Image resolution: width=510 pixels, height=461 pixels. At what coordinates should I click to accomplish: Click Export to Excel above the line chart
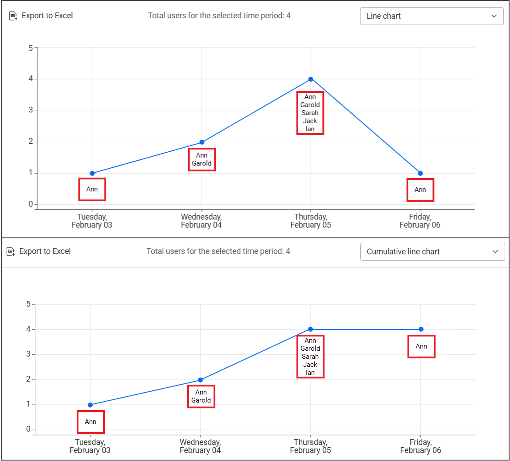tap(41, 16)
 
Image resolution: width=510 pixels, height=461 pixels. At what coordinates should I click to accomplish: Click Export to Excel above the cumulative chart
tap(39, 252)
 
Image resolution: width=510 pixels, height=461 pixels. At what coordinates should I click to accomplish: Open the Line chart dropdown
tap(432, 16)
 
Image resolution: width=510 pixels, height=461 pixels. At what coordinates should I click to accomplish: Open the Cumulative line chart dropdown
tap(432, 252)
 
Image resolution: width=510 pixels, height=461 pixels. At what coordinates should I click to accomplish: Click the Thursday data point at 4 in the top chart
tap(311, 79)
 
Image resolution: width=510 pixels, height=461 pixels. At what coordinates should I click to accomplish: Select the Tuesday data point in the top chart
tap(92, 173)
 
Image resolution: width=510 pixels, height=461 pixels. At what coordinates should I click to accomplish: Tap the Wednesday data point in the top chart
tap(202, 142)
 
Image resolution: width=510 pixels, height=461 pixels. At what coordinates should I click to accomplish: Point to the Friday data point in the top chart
tap(420, 173)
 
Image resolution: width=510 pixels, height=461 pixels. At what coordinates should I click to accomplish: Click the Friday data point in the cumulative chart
tap(421, 329)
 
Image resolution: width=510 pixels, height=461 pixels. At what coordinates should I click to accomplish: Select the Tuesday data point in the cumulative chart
tap(90, 405)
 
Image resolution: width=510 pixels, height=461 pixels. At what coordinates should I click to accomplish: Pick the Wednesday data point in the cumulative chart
tap(200, 380)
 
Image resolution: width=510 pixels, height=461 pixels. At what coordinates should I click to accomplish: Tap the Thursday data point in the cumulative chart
tap(310, 329)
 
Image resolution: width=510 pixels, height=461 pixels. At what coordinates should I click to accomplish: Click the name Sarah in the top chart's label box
tap(310, 113)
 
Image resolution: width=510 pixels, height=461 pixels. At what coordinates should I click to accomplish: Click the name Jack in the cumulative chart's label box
tap(310, 365)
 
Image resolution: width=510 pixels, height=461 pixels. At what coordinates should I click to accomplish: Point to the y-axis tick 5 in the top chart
tap(31, 48)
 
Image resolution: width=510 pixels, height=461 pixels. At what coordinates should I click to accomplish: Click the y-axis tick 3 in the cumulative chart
tap(29, 354)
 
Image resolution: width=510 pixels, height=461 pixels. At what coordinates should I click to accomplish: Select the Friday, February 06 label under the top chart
tap(420, 221)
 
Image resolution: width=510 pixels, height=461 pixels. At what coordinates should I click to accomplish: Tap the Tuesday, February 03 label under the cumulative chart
tap(90, 446)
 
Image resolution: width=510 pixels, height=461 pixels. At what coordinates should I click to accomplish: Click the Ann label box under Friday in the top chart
tap(420, 190)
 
